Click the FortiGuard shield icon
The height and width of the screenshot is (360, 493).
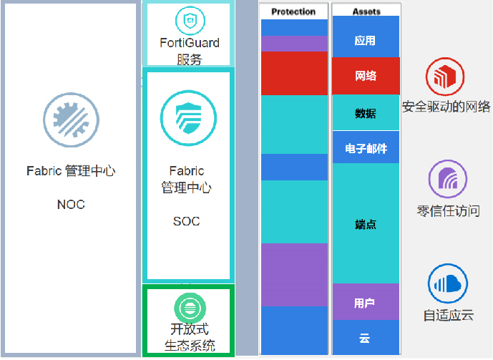point(190,21)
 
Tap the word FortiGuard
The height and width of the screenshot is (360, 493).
point(190,43)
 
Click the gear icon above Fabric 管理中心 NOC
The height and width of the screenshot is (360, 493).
point(71,120)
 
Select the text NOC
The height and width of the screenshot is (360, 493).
point(71,205)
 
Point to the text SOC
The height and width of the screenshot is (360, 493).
point(187,221)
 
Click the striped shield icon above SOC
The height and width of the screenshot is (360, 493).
point(188,118)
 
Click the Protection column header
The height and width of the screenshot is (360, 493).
point(293,11)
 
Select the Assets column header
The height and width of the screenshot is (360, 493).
point(366,11)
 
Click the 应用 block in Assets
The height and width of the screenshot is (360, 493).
point(366,37)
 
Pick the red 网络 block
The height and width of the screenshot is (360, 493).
point(366,76)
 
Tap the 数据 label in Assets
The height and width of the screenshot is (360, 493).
point(366,114)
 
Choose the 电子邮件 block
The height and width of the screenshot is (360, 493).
point(366,147)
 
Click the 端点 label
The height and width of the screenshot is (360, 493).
point(366,225)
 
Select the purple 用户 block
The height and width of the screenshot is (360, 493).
point(366,302)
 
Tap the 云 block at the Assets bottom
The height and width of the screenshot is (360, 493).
point(366,337)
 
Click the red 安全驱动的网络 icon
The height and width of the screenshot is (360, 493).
point(445,77)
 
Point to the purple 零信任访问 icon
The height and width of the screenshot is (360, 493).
point(448,179)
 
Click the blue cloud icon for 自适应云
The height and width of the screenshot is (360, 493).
point(448,283)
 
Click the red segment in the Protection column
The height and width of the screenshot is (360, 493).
point(294,73)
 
